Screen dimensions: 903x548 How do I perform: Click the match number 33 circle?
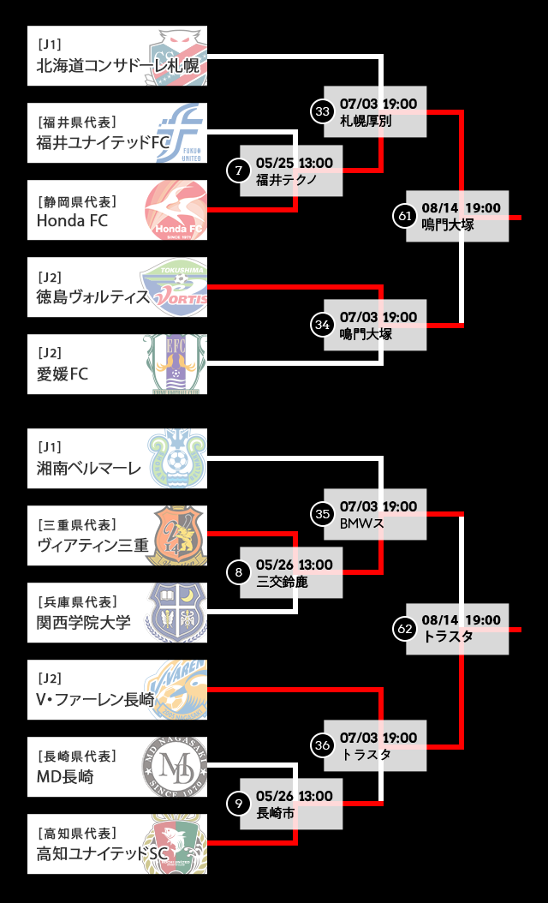[323, 111]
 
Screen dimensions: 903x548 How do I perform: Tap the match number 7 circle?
[238, 170]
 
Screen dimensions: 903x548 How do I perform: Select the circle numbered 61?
[405, 216]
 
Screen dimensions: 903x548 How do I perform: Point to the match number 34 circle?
[323, 325]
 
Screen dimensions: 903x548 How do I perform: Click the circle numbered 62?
[405, 629]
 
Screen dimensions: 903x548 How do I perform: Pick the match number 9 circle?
[238, 804]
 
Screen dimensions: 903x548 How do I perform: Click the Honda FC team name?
[73, 220]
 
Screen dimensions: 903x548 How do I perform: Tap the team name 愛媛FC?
[63, 374]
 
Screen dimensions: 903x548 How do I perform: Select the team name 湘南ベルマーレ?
[88, 469]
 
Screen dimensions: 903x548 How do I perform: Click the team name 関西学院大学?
[84, 623]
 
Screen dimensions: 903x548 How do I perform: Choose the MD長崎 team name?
[65, 777]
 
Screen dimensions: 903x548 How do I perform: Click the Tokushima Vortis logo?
[176, 287]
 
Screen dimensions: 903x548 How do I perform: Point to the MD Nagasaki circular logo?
[175, 767]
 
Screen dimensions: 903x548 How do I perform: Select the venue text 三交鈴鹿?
[282, 582]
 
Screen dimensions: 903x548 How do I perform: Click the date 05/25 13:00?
[294, 163]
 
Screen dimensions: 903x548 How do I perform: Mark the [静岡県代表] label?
[77, 201]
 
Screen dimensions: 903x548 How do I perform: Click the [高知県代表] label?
[77, 833]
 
